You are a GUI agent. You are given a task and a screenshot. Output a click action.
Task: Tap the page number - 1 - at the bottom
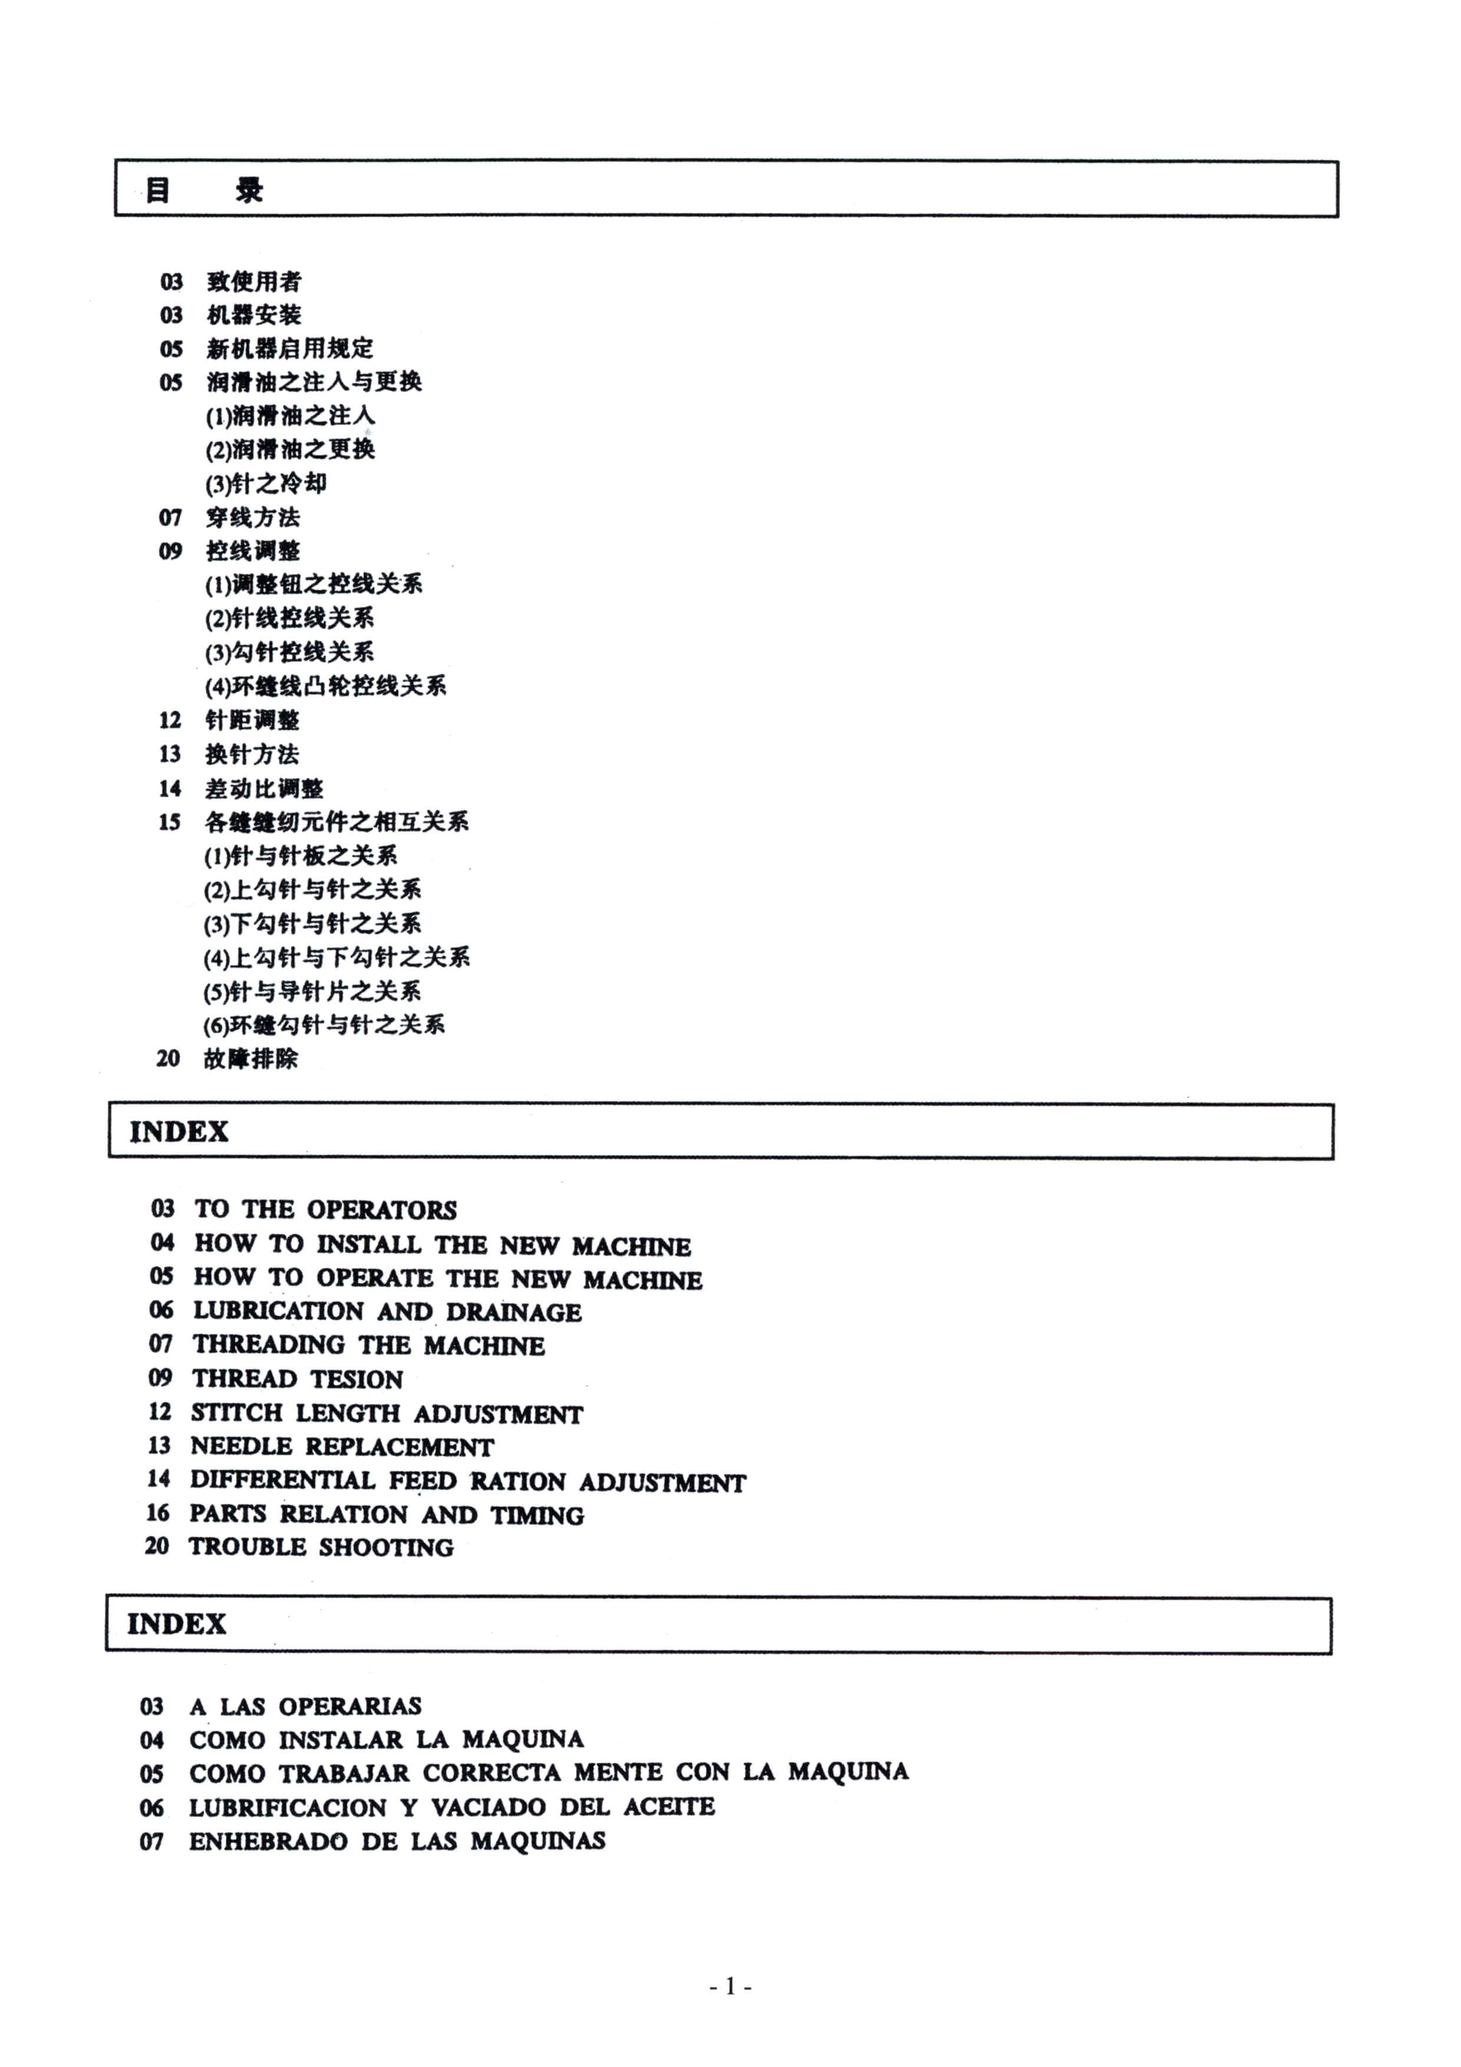coord(730,1985)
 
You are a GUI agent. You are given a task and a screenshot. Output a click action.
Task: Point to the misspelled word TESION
coord(356,1379)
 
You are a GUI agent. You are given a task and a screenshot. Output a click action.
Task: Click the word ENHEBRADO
coord(267,1841)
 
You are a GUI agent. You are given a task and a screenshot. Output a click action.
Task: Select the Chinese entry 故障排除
coord(250,1059)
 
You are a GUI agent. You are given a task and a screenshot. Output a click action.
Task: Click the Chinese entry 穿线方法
coord(253,518)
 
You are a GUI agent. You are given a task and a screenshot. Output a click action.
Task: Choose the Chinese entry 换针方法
coord(252,754)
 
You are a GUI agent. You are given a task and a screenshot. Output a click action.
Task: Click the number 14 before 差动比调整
coord(170,788)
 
